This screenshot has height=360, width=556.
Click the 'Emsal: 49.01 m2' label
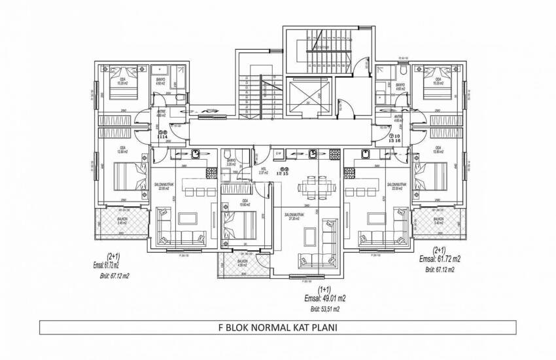321,297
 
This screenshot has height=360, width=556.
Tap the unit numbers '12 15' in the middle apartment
283,172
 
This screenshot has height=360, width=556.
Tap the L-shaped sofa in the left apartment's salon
175,229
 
